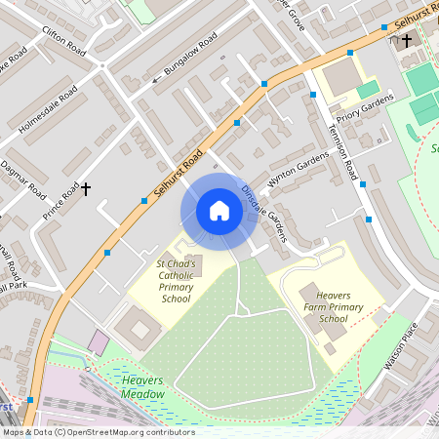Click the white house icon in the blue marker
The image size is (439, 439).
click(219, 211)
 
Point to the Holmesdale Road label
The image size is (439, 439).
click(47, 108)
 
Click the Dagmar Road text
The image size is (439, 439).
click(21, 174)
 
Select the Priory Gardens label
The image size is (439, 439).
click(364, 110)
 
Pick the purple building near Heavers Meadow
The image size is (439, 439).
click(100, 342)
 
